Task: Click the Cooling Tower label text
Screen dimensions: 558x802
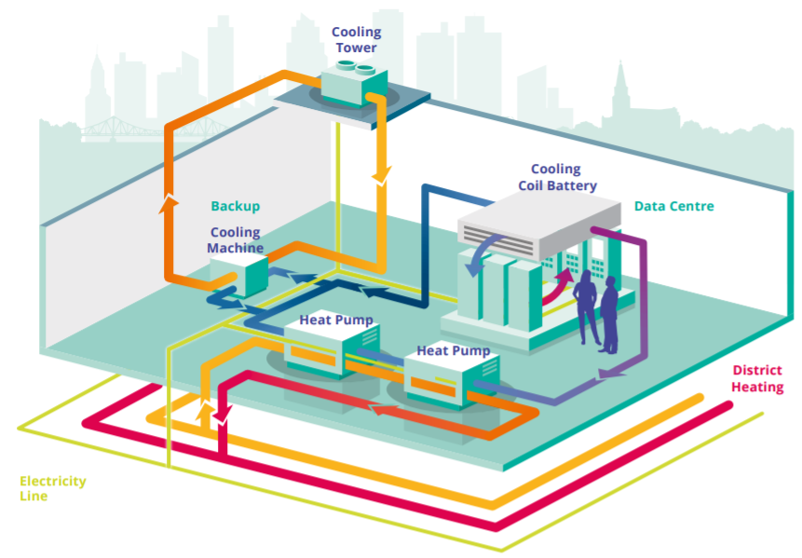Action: coord(356,40)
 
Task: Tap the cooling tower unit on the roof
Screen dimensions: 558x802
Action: coord(357,81)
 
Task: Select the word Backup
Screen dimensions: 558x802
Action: coord(235,206)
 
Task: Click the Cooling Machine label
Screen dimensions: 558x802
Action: coord(236,240)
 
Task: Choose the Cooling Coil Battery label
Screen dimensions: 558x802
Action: coord(555,177)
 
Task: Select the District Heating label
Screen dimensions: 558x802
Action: coord(756,378)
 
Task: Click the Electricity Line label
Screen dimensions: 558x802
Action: coord(52,488)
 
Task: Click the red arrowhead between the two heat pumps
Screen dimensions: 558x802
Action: coord(379,408)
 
